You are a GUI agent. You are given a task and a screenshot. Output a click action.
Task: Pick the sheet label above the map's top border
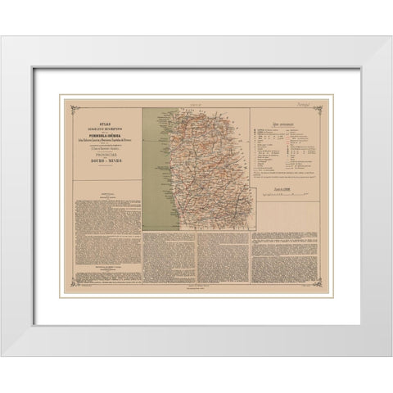pos(196,104)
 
